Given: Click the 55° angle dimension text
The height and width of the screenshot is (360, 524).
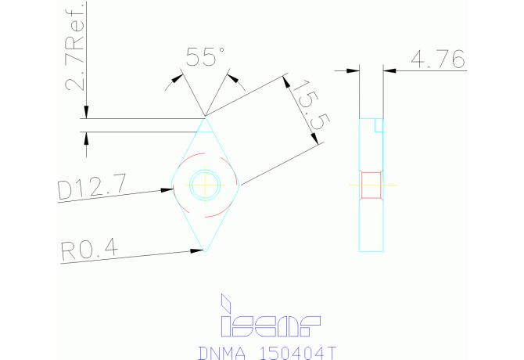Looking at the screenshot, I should point(204,56).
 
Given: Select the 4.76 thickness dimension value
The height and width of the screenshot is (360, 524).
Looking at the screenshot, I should point(437,59).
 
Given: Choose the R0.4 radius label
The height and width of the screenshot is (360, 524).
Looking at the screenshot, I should point(88,250).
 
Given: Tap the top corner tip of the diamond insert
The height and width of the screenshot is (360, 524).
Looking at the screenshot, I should point(205,119).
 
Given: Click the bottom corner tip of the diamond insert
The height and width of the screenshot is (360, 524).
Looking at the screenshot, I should point(205,251).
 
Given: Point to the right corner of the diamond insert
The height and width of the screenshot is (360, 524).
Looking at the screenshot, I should point(240,185).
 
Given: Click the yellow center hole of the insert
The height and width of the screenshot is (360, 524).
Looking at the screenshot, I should point(205,185).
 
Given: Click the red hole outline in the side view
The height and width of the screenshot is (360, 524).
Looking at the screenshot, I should point(371,185).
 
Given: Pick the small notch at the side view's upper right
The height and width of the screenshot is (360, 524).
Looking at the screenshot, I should point(379,125).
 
